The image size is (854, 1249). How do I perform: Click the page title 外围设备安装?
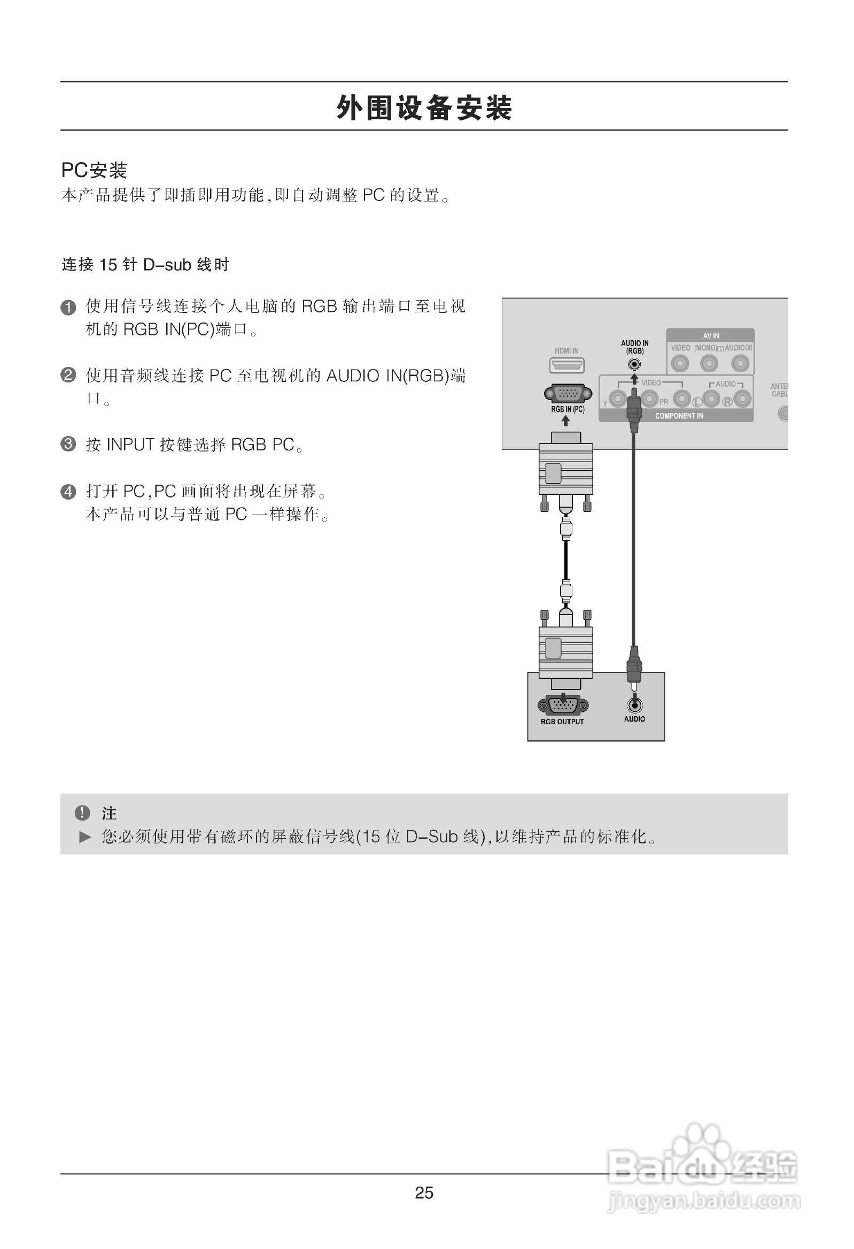[424, 108]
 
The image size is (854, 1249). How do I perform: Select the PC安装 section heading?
[94, 171]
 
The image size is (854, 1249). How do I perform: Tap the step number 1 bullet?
[68, 308]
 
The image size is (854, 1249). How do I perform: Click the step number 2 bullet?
[68, 374]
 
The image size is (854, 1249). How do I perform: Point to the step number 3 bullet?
[68, 444]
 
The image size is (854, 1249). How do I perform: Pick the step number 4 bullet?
[68, 491]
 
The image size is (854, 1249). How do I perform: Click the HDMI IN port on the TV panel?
[566, 365]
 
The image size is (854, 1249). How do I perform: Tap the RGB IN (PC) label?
[567, 410]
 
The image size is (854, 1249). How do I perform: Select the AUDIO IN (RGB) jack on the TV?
[634, 364]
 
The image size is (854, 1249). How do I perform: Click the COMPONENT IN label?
[678, 416]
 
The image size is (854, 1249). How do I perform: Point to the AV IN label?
[711, 336]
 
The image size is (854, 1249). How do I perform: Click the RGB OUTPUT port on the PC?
[562, 704]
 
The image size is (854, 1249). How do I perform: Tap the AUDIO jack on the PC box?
[634, 705]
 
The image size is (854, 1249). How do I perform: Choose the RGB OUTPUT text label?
[562, 722]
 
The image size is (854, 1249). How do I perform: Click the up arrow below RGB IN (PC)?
[565, 421]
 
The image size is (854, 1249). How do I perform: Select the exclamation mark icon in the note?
[82, 813]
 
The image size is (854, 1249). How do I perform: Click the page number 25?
[424, 1193]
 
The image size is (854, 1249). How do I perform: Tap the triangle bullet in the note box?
[85, 837]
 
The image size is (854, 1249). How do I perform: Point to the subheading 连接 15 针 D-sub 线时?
[145, 265]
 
